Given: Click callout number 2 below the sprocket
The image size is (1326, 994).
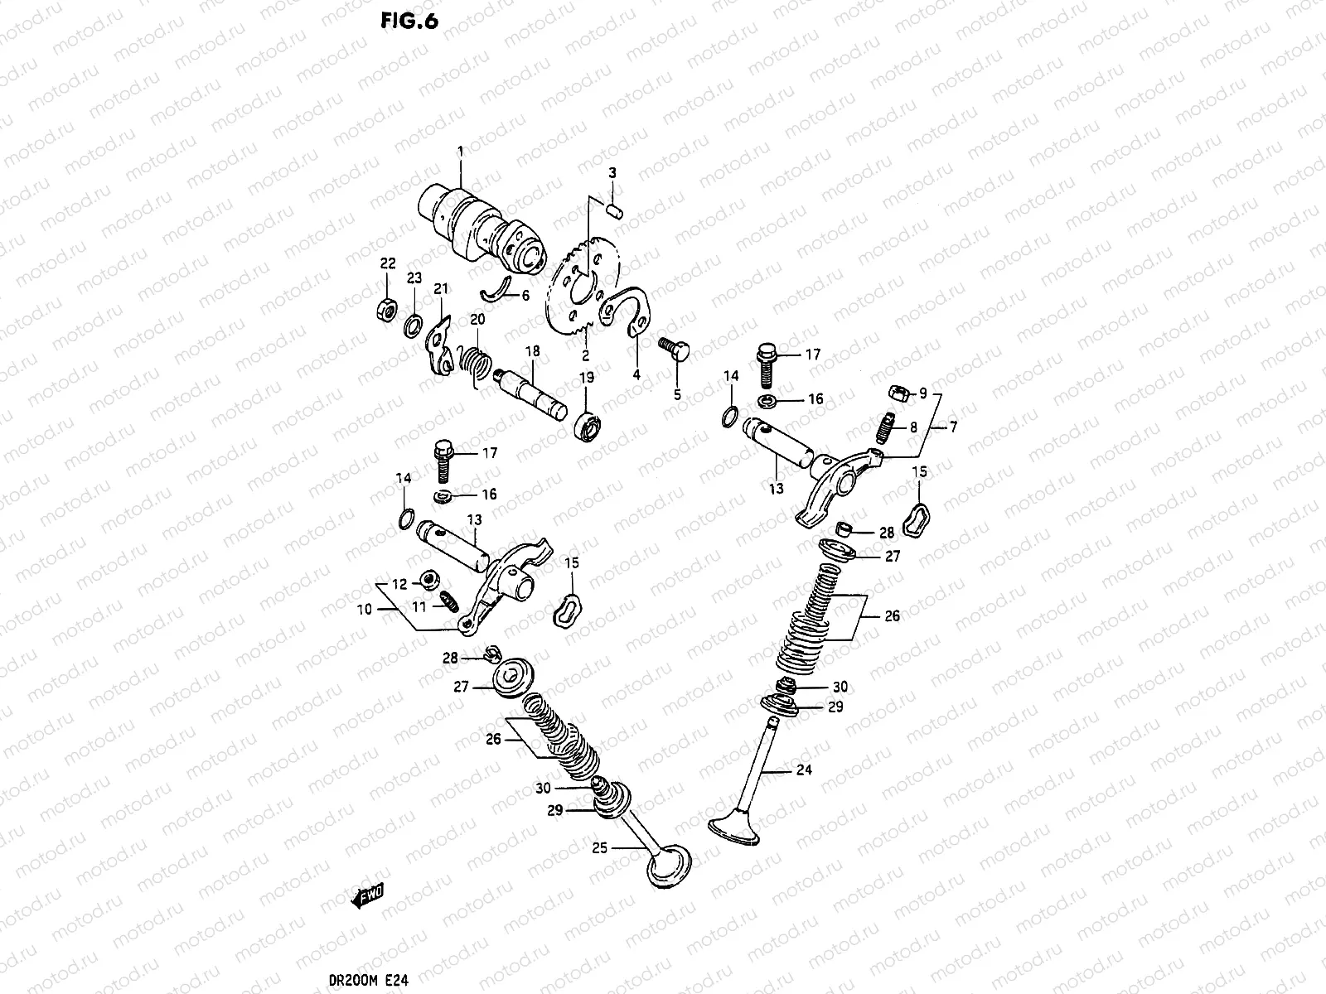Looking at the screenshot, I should coord(585,356).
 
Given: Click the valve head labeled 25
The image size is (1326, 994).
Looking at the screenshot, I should coord(669,867).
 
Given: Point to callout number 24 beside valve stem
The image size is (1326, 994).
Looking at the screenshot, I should coord(803,770).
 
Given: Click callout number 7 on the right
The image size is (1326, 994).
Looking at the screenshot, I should coord(953,427).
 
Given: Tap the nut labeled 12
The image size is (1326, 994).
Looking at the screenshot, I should coord(429,580).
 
